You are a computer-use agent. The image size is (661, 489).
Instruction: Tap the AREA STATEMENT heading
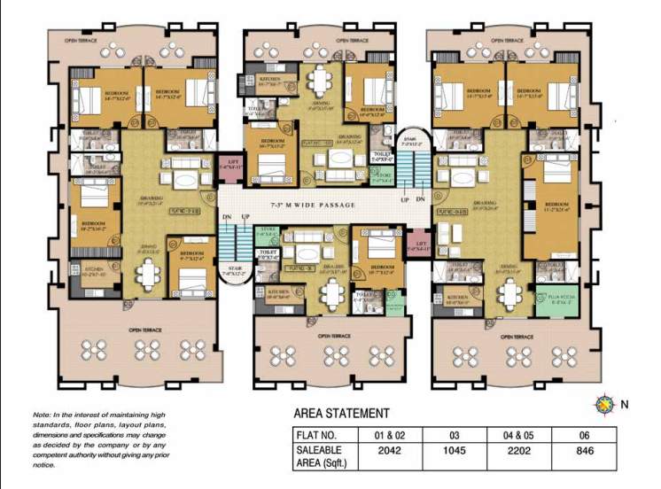click(x=341, y=413)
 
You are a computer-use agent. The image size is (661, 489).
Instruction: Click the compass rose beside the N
click(x=605, y=406)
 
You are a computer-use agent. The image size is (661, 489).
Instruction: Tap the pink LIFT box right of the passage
click(x=417, y=245)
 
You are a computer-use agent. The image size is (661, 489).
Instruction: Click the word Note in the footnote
click(x=42, y=415)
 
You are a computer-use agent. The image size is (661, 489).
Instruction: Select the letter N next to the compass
click(x=625, y=406)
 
